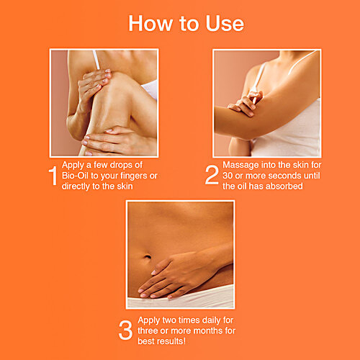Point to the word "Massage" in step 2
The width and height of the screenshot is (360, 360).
pyautogui.click(x=246, y=165)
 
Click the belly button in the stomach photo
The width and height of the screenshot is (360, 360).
pyautogui.click(x=146, y=258)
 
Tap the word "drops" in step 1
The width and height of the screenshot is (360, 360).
pyautogui.click(x=130, y=165)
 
